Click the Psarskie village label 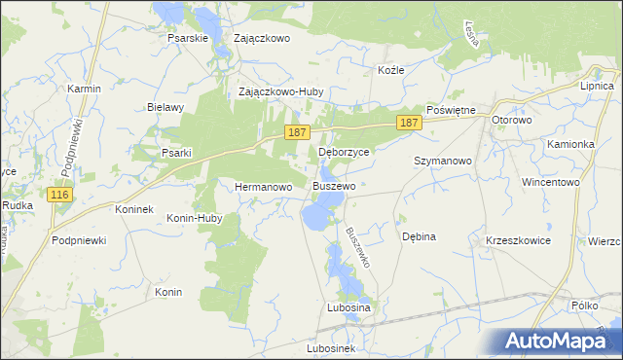tap(189, 39)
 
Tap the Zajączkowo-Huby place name tap(281, 92)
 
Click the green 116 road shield tap(60, 196)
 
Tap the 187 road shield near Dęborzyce tap(298, 131)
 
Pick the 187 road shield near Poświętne tap(409, 122)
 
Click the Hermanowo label tap(264, 186)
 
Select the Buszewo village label tap(334, 185)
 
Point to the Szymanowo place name tap(443, 161)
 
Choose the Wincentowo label tap(550, 182)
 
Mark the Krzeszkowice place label tap(518, 240)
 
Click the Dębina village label tap(419, 236)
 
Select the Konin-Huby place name tap(195, 219)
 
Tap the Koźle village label tap(390, 70)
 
